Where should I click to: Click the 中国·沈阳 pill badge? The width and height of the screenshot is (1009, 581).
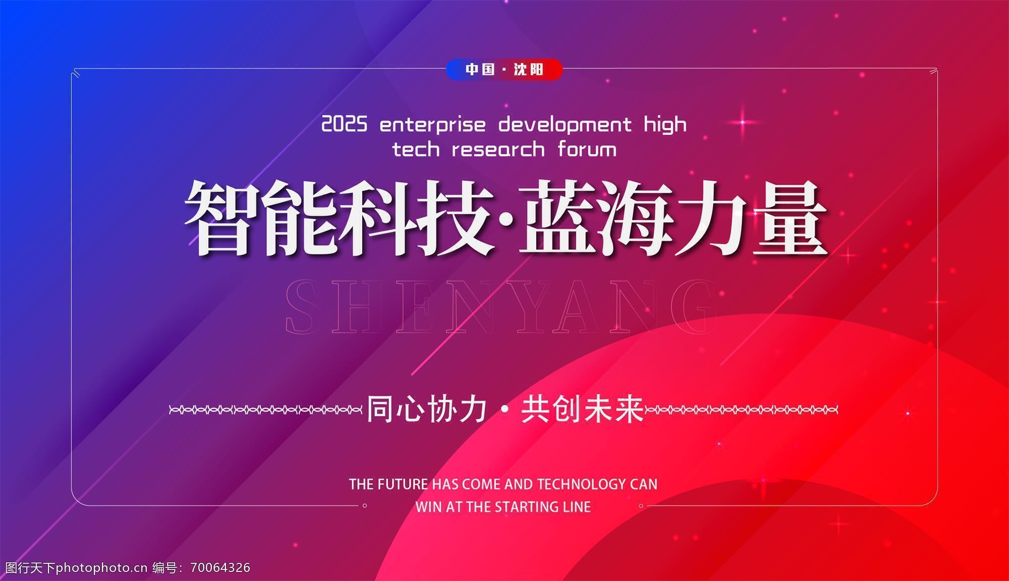(x=504, y=69)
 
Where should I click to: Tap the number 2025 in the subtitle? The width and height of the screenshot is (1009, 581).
(x=345, y=124)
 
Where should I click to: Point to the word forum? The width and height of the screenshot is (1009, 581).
(x=587, y=149)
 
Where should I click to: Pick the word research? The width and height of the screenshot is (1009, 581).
(x=498, y=149)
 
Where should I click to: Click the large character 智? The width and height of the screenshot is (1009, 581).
(x=222, y=218)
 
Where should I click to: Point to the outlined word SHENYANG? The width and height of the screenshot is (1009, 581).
(x=501, y=308)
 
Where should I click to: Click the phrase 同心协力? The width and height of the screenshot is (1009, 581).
(x=427, y=409)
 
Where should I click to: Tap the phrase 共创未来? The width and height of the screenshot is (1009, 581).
(x=583, y=409)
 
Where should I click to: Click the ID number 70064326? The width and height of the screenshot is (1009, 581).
(x=220, y=568)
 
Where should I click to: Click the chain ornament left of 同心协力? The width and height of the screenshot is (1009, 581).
(x=266, y=410)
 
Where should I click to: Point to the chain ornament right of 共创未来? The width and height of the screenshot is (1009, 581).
(x=742, y=410)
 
